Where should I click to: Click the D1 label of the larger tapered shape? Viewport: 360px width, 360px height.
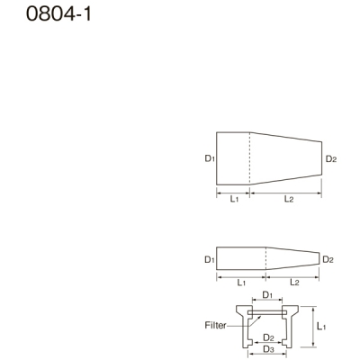209,158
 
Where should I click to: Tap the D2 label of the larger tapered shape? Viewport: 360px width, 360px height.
330,159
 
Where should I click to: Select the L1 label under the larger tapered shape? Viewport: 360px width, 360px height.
233,199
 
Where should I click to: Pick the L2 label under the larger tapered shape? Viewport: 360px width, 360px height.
288,199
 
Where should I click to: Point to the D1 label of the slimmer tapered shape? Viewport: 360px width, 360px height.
209,259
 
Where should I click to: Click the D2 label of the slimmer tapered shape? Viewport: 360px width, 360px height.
328,259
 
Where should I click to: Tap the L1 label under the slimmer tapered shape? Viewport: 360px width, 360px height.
241,283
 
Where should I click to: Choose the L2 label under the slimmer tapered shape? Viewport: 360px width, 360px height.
293,283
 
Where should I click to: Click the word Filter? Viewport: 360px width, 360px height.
215,325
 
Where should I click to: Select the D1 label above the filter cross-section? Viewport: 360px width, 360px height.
268,294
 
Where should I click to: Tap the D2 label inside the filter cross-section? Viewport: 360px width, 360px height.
268,337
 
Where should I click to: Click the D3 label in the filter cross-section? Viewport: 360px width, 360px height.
268,348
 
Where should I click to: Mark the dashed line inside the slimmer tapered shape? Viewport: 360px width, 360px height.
265,259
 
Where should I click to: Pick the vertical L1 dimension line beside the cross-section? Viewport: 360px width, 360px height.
311,326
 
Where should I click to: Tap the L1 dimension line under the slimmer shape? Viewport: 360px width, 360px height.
240,275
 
